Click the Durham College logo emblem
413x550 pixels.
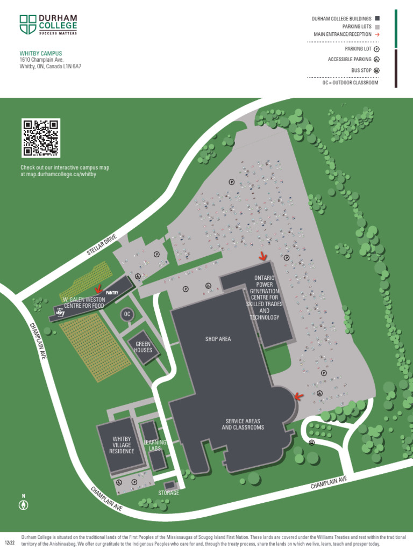click(28, 25)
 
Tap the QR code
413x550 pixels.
click(40, 137)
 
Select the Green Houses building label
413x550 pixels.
click(144, 347)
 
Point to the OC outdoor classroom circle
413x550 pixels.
click(127, 314)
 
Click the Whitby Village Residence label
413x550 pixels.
click(122, 445)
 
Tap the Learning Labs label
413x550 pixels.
click(155, 446)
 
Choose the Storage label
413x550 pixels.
click(169, 493)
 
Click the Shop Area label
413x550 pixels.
click(218, 339)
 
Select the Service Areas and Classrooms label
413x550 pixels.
click(243, 424)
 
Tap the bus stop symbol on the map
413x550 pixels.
click(312, 443)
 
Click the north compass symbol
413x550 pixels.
click(23, 505)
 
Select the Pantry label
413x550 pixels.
click(112, 293)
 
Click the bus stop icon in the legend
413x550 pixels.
click(377, 70)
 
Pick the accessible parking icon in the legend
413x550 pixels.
click(377, 60)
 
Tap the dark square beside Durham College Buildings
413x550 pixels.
click(377, 19)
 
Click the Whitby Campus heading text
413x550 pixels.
click(41, 54)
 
